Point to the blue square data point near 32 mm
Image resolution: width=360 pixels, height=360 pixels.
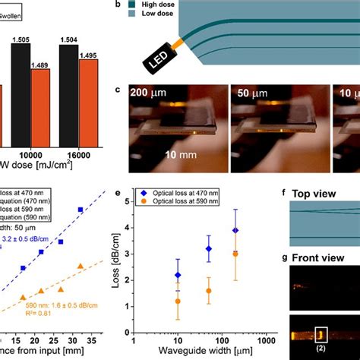click(81, 209)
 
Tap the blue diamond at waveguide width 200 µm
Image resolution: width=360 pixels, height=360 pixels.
click(236, 230)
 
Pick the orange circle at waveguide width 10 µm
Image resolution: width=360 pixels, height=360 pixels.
click(178, 302)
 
